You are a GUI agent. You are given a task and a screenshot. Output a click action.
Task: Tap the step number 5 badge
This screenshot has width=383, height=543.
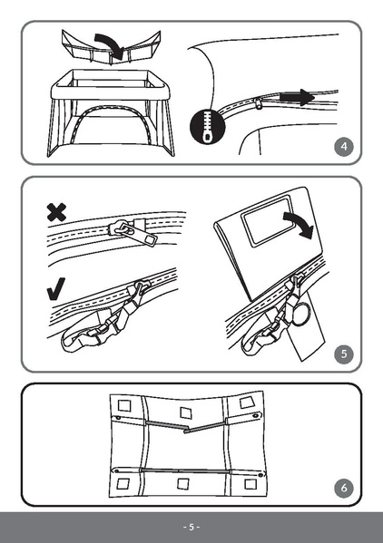point(342,354)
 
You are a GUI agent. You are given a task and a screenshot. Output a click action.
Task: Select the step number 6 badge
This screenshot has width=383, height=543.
point(342,489)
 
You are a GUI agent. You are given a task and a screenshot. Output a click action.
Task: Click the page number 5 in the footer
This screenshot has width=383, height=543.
point(191,527)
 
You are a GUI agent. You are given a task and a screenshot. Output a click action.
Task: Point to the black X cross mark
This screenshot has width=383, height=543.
point(56,213)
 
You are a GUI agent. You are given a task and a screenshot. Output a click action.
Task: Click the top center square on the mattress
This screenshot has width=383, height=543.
point(186,414)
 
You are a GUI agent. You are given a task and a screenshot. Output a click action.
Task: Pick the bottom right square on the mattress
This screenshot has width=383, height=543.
point(243,488)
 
